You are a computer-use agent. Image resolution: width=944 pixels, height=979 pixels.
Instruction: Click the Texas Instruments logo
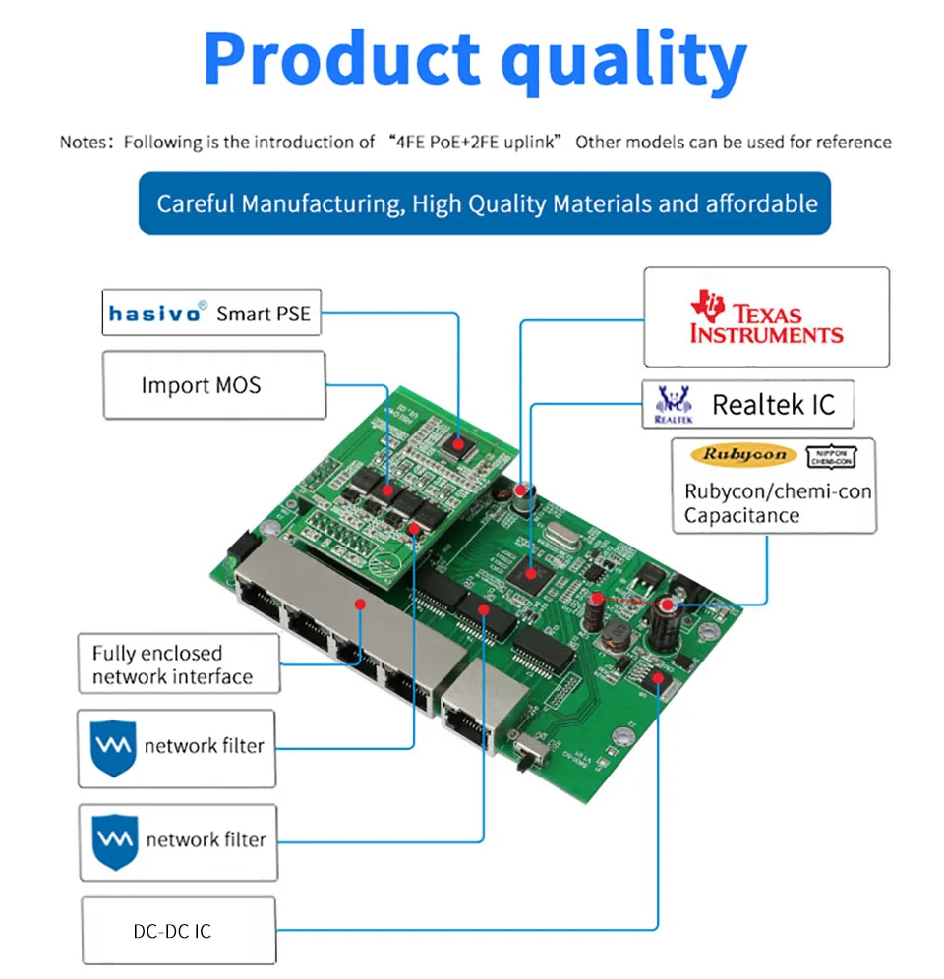pyautogui.click(x=766, y=317)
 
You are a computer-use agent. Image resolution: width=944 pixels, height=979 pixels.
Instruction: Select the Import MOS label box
pyautogui.click(x=213, y=384)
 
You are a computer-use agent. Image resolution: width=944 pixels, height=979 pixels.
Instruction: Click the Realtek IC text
pyautogui.click(x=773, y=404)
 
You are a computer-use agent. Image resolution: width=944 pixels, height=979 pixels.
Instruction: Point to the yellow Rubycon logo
pyautogui.click(x=744, y=455)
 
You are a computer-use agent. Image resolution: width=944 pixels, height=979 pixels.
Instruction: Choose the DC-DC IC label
pyautogui.click(x=172, y=929)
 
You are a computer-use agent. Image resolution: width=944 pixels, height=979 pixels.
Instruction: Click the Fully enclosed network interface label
pyautogui.click(x=172, y=664)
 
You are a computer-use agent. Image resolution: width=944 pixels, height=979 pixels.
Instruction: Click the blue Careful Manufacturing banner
pyautogui.click(x=486, y=203)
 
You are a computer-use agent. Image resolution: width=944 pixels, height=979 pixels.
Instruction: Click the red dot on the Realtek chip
pyautogui.click(x=531, y=572)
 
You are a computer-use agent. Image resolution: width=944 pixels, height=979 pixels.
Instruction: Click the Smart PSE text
pyautogui.click(x=263, y=314)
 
